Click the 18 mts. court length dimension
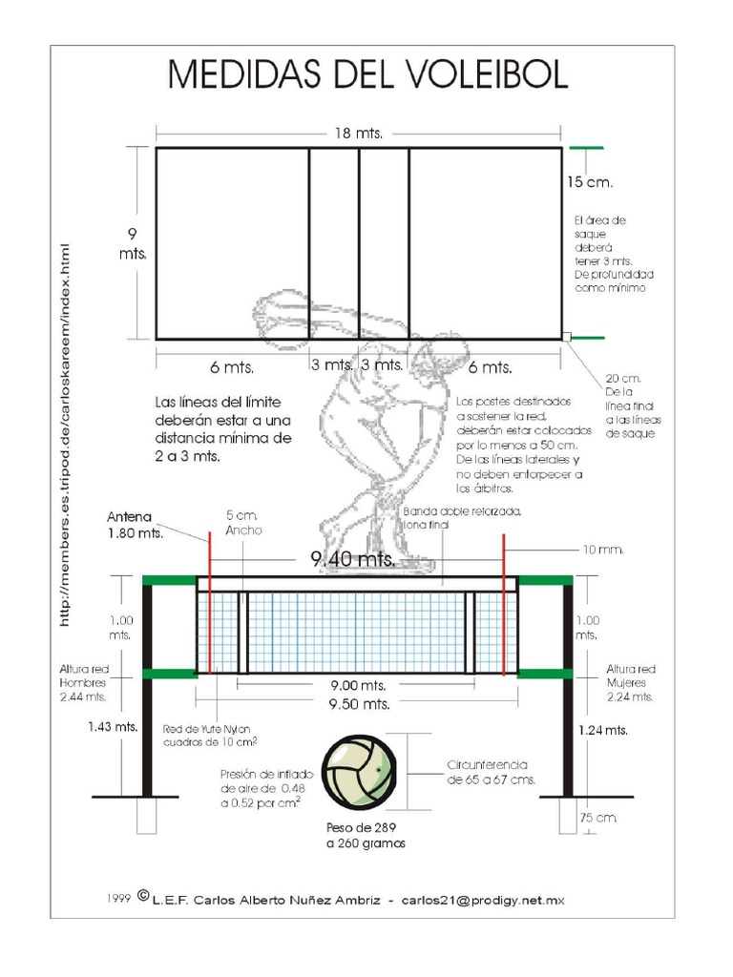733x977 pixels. click(x=358, y=134)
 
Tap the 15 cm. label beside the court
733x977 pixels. click(x=589, y=181)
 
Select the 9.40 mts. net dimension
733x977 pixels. click(x=353, y=560)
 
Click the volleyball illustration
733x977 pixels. click(x=359, y=773)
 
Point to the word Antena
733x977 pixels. click(x=130, y=517)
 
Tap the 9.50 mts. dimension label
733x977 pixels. click(x=359, y=704)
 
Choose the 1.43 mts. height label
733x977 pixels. click(x=113, y=726)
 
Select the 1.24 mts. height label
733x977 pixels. click(x=603, y=730)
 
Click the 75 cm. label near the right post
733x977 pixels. click(x=597, y=818)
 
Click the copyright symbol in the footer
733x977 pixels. click(x=143, y=897)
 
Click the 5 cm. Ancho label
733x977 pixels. click(x=242, y=522)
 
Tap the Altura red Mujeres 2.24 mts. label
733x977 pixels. click(x=631, y=682)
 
